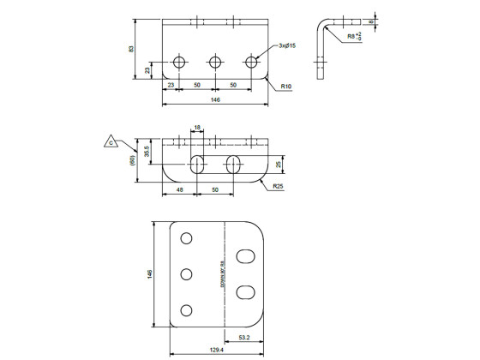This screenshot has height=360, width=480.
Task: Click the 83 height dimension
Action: (131, 49)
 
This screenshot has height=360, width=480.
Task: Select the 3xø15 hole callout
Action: (290, 45)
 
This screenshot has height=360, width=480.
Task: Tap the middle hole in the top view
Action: (214, 62)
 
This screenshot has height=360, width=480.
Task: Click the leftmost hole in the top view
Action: (179, 62)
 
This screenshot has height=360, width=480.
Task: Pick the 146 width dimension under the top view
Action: (215, 100)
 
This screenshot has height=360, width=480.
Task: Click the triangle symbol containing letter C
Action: (111, 140)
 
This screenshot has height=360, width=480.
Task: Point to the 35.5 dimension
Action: (147, 152)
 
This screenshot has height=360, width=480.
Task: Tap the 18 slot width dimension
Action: (197, 128)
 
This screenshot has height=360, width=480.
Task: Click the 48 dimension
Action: (179, 189)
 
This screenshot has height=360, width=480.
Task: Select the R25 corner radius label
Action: (279, 185)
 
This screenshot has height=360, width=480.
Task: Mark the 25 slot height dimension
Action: (279, 164)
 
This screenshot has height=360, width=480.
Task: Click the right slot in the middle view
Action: (233, 165)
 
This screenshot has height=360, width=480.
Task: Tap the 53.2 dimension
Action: (244, 337)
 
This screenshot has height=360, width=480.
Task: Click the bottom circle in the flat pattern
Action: (186, 310)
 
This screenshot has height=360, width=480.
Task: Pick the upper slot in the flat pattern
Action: (245, 255)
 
